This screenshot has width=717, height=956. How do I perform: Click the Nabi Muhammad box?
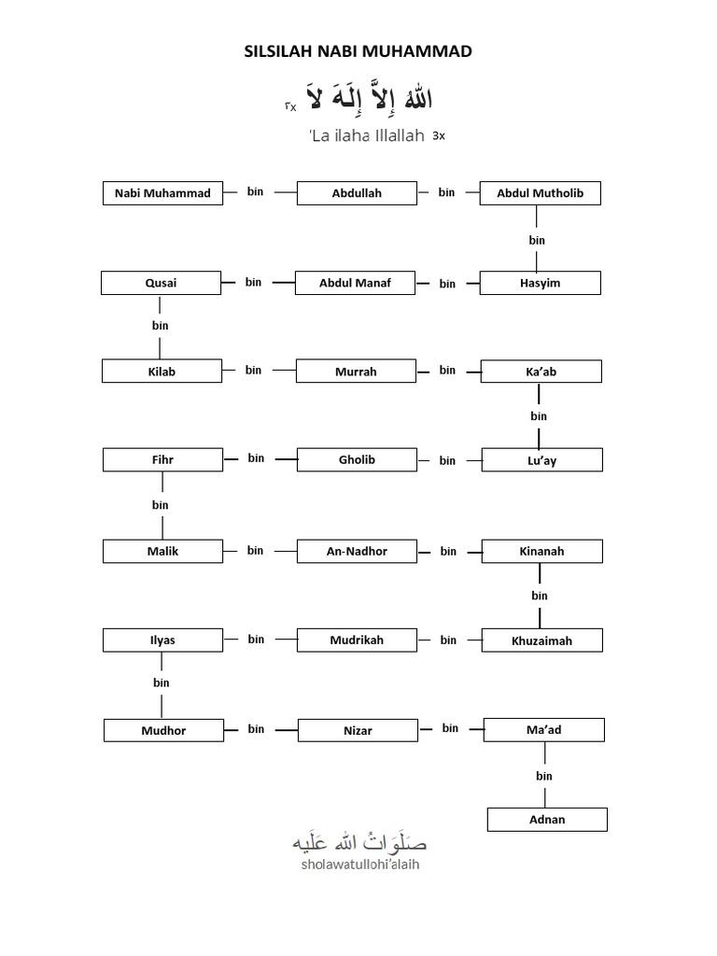(x=162, y=193)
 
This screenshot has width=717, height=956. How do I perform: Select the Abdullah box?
(x=357, y=193)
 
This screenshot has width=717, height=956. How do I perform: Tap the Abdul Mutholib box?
(x=540, y=193)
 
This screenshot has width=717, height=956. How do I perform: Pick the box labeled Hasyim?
(x=540, y=283)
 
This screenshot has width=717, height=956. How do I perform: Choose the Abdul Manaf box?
(x=355, y=283)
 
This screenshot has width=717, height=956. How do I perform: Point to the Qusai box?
(x=161, y=283)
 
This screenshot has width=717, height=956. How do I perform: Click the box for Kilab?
(x=162, y=372)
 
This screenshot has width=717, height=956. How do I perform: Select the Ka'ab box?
(x=541, y=372)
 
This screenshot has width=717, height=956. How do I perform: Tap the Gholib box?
(x=357, y=459)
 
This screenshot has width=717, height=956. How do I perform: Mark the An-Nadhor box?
(x=357, y=551)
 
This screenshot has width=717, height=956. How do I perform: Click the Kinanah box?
(x=541, y=551)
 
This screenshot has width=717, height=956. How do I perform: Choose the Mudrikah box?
(x=357, y=640)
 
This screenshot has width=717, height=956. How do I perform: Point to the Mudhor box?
(x=163, y=730)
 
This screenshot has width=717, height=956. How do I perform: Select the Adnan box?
(x=547, y=820)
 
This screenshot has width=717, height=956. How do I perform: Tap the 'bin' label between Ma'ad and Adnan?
(x=544, y=776)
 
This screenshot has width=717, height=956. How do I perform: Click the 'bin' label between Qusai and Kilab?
(x=160, y=326)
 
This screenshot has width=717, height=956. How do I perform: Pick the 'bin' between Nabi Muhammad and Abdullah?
(x=256, y=191)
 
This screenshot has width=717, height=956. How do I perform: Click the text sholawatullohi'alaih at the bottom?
(x=359, y=865)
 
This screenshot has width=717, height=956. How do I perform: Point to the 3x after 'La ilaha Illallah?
(x=439, y=136)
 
